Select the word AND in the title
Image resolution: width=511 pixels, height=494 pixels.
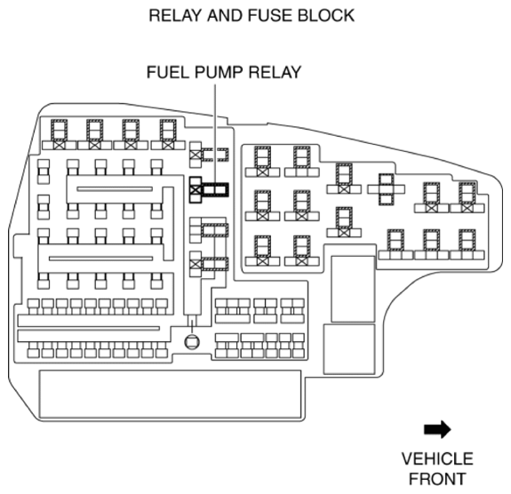click(x=226, y=15)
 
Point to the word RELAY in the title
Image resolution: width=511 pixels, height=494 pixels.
click(x=176, y=15)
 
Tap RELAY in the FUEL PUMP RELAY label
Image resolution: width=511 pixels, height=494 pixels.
click(x=275, y=72)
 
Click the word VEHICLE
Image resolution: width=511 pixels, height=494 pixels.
click(x=437, y=458)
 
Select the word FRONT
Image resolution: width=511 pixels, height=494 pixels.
click(x=437, y=479)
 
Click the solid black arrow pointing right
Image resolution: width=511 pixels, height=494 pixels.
click(x=437, y=429)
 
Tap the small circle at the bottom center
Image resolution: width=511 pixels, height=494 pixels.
click(x=192, y=342)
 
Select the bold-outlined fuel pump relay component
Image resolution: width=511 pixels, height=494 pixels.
click(x=209, y=190)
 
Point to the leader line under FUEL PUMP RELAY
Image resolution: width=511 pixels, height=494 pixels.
click(x=215, y=134)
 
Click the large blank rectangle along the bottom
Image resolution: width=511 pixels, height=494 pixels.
click(x=170, y=394)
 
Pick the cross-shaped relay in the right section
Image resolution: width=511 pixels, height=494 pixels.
click(x=387, y=189)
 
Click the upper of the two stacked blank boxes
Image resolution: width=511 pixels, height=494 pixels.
click(x=353, y=289)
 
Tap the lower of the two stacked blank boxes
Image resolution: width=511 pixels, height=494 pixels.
click(x=349, y=349)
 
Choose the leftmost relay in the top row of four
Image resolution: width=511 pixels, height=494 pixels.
click(x=59, y=134)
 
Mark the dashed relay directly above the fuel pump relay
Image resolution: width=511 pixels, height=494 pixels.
click(x=209, y=155)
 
